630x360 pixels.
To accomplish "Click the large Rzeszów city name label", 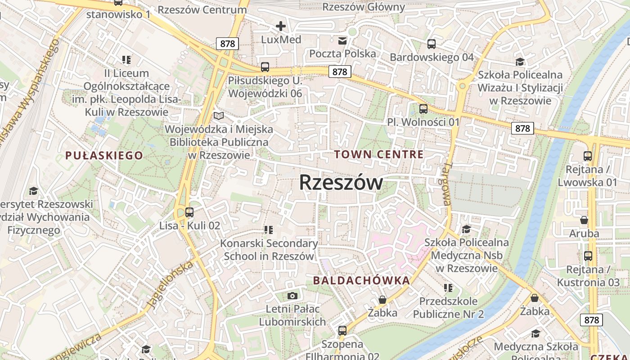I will pyautogui.click(x=341, y=183).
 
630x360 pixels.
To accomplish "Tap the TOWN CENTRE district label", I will pyautogui.click(x=378, y=155).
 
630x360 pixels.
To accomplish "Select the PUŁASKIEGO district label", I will pyautogui.click(x=104, y=156).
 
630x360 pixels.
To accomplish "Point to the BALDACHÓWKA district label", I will pyautogui.click(x=361, y=281).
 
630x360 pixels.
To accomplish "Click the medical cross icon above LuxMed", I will pyautogui.click(x=281, y=26).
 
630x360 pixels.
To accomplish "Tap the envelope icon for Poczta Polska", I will pyautogui.click(x=342, y=41).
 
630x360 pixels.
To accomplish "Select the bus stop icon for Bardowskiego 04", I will pyautogui.click(x=432, y=44).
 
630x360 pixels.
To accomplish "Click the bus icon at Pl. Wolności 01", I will pyautogui.click(x=423, y=109).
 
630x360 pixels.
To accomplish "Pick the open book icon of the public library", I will pyautogui.click(x=219, y=116).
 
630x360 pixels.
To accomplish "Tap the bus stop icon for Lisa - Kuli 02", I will pyautogui.click(x=189, y=212).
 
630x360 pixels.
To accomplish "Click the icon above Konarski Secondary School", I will pyautogui.click(x=269, y=230).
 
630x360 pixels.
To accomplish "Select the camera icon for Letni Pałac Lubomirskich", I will pyautogui.click(x=292, y=296).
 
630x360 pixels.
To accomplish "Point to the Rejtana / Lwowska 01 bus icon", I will pyautogui.click(x=588, y=157).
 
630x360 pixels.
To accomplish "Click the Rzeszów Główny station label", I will pyautogui.click(x=364, y=7).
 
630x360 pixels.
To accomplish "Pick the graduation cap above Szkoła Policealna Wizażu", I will pyautogui.click(x=520, y=62).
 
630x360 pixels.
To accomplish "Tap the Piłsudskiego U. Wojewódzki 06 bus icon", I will pyautogui.click(x=265, y=67).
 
